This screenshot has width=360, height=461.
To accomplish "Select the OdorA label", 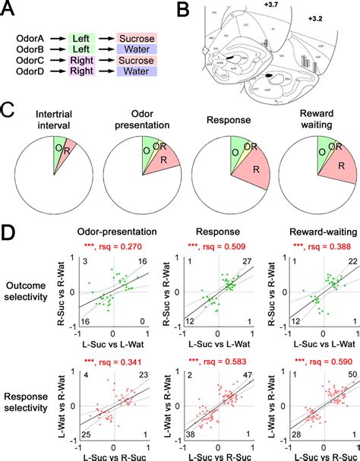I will (33, 36).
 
